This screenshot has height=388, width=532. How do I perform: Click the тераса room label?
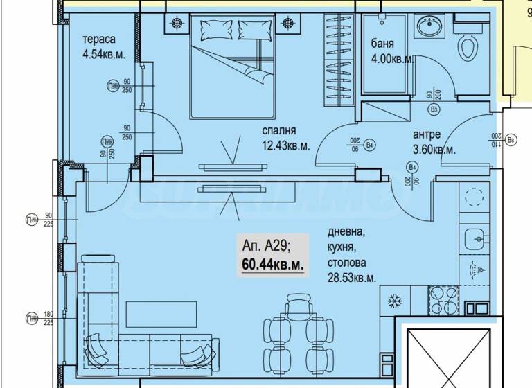[x=98, y=39]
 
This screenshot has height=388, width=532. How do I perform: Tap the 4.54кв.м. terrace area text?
[x=104, y=55]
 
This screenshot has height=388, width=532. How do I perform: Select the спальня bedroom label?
[x=279, y=130]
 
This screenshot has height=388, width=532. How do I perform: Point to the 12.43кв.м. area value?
[x=285, y=145]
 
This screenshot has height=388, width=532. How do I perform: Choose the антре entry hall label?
[x=427, y=134]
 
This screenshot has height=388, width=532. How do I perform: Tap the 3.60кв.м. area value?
[x=434, y=150]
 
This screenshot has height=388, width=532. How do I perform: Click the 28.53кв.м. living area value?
[x=353, y=278]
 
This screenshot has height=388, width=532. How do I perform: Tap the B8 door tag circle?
[x=511, y=141]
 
